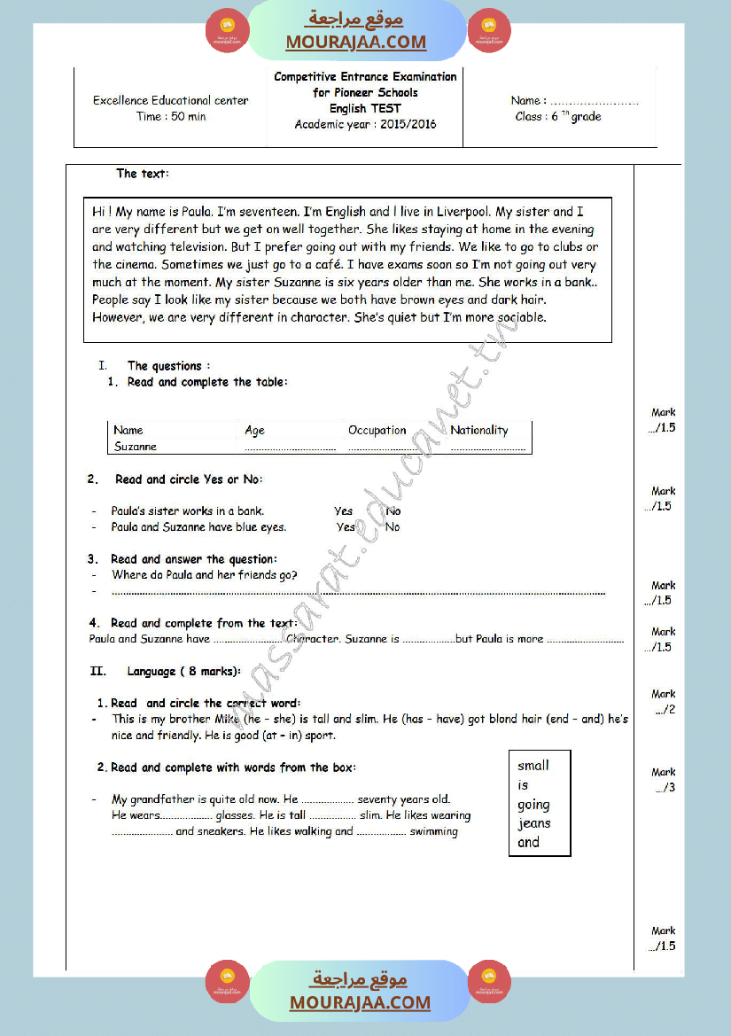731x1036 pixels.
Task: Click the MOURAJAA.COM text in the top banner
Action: (x=355, y=42)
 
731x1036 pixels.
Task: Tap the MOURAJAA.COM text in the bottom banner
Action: (x=360, y=1002)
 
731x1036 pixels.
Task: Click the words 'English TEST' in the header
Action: (x=365, y=108)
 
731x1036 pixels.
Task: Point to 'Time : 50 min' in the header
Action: (x=170, y=116)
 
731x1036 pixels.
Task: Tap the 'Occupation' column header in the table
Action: (x=377, y=430)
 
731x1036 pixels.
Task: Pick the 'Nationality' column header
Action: (x=478, y=430)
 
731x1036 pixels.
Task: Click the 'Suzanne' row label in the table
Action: (x=135, y=447)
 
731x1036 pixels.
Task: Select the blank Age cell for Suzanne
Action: (x=290, y=448)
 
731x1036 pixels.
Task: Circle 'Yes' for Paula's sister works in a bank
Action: (x=343, y=510)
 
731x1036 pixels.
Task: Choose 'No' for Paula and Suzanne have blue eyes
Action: (x=393, y=526)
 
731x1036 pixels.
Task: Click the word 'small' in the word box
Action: (x=533, y=766)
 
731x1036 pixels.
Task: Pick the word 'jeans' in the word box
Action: (x=534, y=823)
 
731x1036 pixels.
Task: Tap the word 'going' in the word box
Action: (x=533, y=805)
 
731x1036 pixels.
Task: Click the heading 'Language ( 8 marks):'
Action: (x=183, y=672)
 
